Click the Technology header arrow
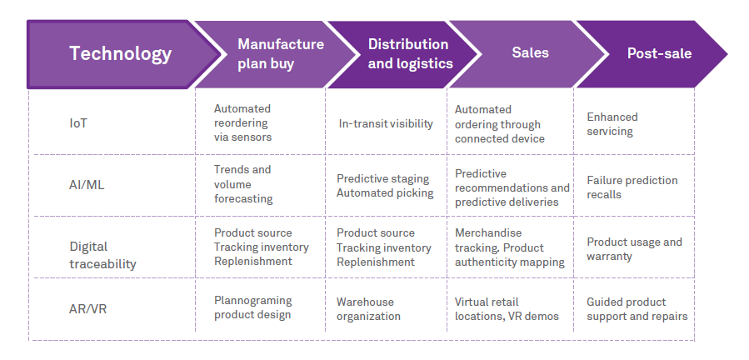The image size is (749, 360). point(120,54)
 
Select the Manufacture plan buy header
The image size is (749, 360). point(280,54)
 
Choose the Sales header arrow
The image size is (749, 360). point(530,53)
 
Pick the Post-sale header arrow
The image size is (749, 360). point(658,54)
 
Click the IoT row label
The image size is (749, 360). point(78,123)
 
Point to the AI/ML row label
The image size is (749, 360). point(87,185)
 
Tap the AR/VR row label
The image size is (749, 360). point(87,309)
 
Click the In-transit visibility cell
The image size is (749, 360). point(386,124)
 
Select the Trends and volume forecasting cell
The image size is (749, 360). point(243,184)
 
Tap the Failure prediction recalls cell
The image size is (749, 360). point(632,187)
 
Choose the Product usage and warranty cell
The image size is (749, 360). point(634,249)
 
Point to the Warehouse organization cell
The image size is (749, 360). point(368,309)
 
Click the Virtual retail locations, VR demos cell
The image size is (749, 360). point(507,309)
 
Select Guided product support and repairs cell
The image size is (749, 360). point(637,309)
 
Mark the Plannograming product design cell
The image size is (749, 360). point(252,307)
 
